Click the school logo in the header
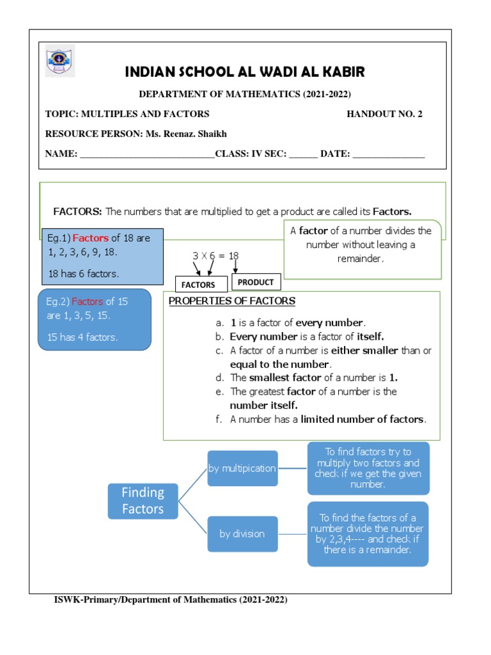click(60, 61)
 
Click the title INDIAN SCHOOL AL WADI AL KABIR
click(245, 71)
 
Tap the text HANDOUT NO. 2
click(384, 114)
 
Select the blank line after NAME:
click(147, 155)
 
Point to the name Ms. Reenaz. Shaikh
click(190, 134)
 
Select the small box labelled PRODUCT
click(255, 282)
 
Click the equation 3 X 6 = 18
click(215, 255)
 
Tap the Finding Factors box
click(143, 500)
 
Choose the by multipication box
click(242, 468)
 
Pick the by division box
click(242, 533)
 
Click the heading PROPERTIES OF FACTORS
click(231, 301)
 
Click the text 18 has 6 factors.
click(83, 273)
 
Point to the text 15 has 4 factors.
click(82, 337)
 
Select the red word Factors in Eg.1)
click(90, 239)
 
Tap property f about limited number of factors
click(327, 420)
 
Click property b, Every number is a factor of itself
click(306, 336)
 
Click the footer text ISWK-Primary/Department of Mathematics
click(171, 600)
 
